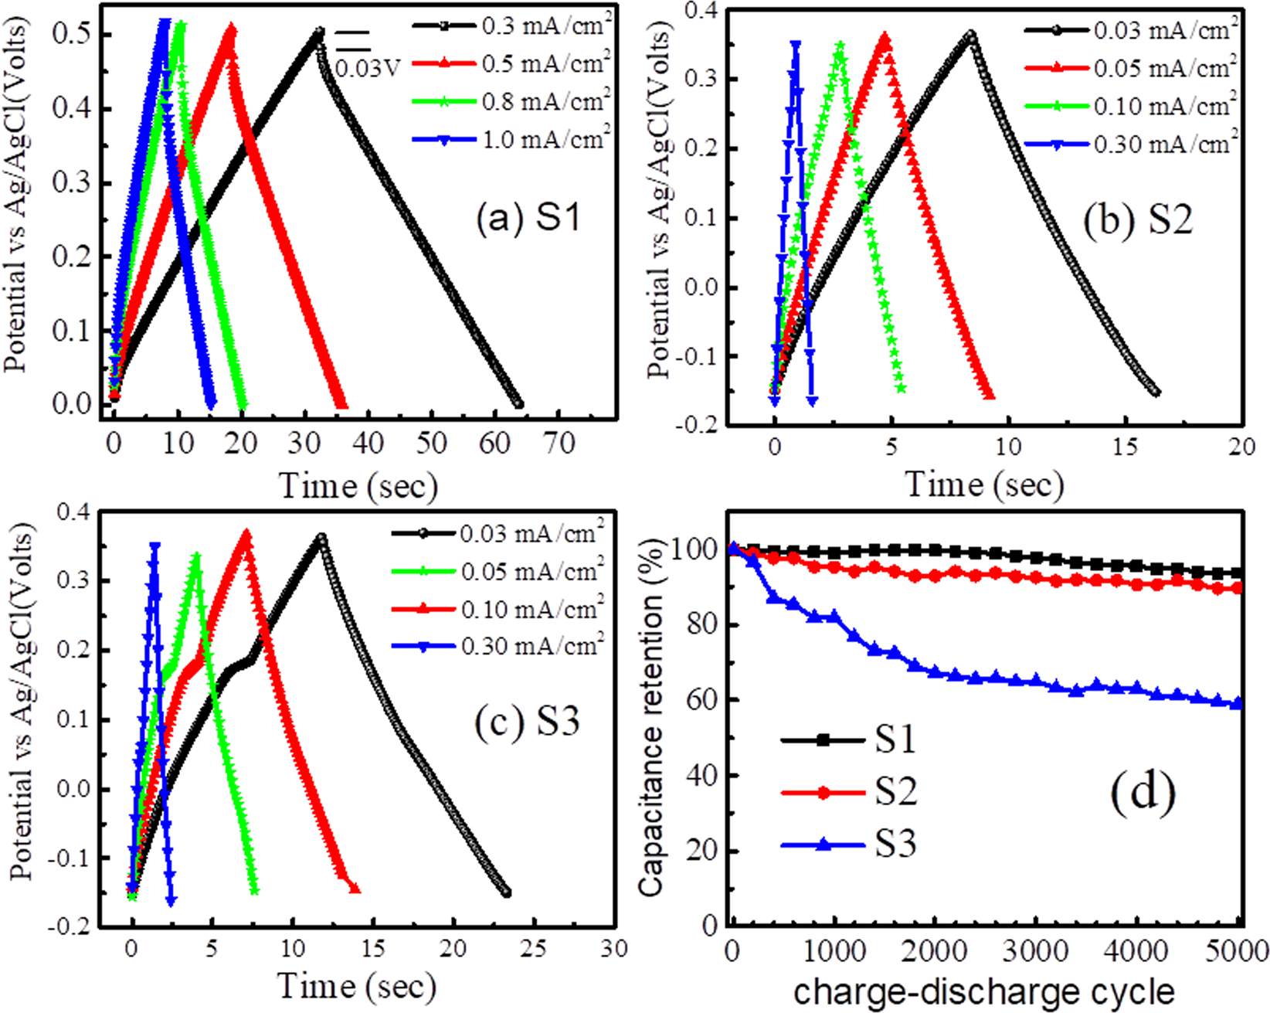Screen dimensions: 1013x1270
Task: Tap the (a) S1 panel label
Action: click(528, 219)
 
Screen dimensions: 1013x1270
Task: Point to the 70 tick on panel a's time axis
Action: click(559, 444)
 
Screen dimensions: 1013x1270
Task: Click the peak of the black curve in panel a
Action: click(319, 32)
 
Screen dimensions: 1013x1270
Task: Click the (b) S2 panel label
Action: click(1138, 220)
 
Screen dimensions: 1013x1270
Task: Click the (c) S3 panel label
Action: click(527, 721)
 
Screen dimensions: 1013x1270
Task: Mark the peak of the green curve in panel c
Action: click(196, 555)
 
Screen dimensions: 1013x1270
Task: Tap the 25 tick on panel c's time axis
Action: click(533, 948)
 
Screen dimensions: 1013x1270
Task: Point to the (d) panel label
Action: click(1143, 792)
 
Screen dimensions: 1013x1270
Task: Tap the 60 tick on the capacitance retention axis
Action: click(701, 699)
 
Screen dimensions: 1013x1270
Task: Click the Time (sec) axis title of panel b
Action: click(983, 484)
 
